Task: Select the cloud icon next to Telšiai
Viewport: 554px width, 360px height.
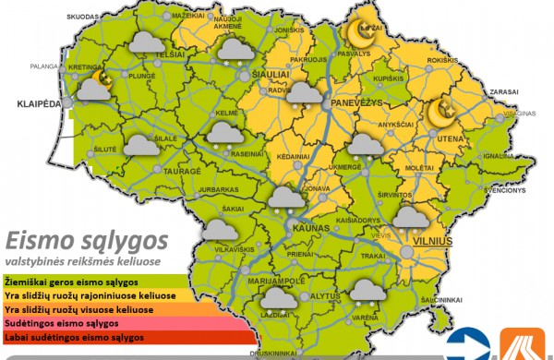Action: (145, 42)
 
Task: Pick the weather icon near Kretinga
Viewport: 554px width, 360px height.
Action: (94, 86)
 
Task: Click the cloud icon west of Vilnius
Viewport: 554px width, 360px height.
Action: (406, 217)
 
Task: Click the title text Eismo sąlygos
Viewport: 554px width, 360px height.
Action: (87, 241)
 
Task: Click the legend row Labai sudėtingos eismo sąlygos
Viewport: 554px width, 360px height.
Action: (74, 339)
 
